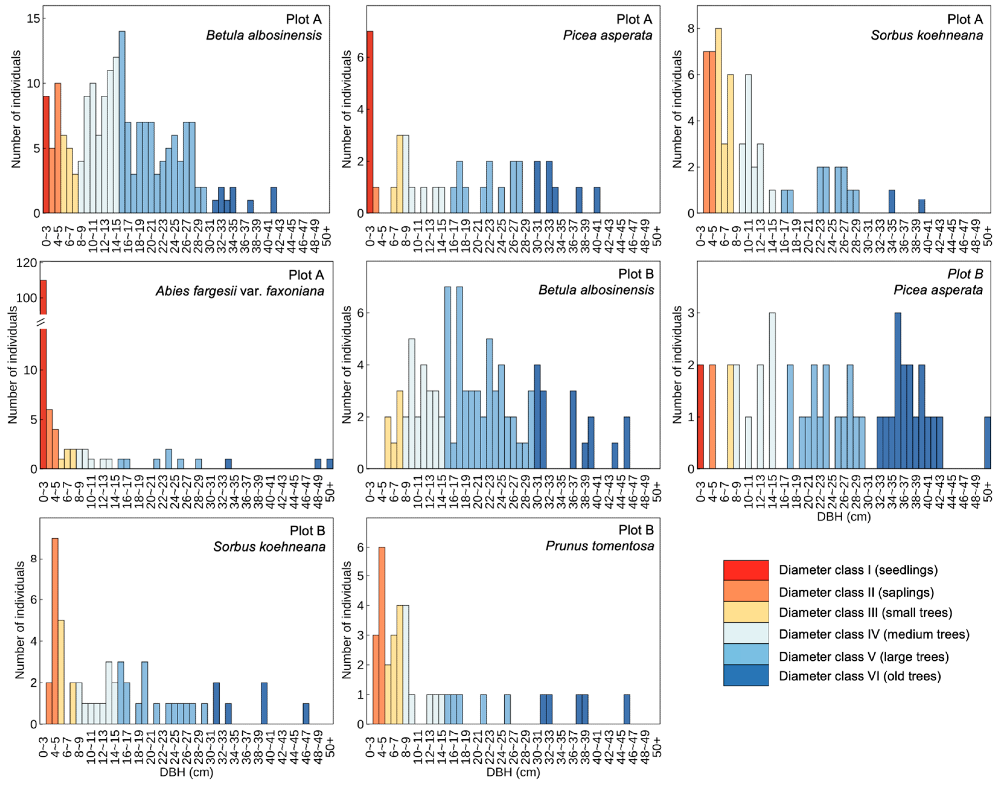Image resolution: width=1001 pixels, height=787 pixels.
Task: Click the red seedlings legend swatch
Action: click(746, 570)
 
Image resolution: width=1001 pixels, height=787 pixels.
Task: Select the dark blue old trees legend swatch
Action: click(746, 675)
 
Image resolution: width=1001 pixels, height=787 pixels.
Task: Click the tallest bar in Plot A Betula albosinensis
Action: click(122, 122)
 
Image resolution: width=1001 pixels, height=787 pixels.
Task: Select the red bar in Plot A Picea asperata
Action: click(370, 122)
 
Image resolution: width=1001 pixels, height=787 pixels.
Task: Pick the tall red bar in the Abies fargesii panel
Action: click(43, 373)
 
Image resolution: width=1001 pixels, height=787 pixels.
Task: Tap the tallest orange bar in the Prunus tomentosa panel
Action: click(381, 636)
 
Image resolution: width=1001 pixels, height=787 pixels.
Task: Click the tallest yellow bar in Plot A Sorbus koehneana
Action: click(718, 121)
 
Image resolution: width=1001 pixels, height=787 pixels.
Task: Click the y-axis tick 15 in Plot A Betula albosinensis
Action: click(33, 18)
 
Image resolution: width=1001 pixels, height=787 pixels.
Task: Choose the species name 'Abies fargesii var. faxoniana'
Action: click(240, 291)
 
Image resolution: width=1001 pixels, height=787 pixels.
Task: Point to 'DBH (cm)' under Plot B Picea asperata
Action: click(843, 517)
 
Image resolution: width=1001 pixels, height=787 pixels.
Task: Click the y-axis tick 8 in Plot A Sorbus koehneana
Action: click(690, 29)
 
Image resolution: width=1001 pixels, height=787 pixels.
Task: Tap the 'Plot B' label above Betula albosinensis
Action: click(636, 274)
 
